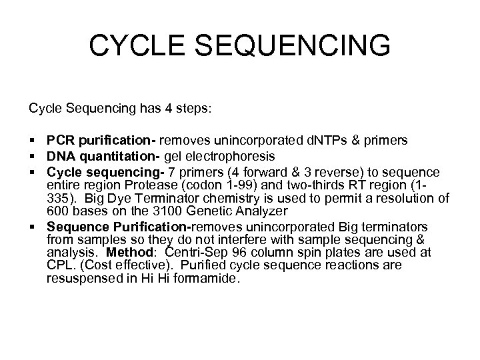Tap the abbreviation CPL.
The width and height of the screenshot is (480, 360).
(x=59, y=266)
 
